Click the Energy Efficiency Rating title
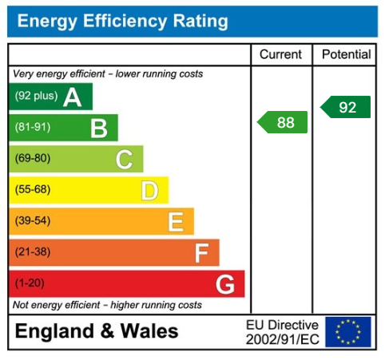[122, 22]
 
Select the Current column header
[281, 54]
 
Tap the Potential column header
[346, 54]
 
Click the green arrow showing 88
[284, 122]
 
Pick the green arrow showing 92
[347, 107]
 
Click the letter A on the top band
[73, 97]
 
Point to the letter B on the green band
[99, 128]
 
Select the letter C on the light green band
[124, 159]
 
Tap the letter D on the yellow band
[149, 190]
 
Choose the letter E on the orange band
[175, 221]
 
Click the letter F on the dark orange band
[201, 253]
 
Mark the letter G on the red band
[225, 284]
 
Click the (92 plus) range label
[35, 97]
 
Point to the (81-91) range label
[32, 128]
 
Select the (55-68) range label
[32, 190]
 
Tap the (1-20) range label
[30, 284]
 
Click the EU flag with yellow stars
[348, 331]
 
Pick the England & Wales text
[97, 331]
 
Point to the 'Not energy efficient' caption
[107, 305]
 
